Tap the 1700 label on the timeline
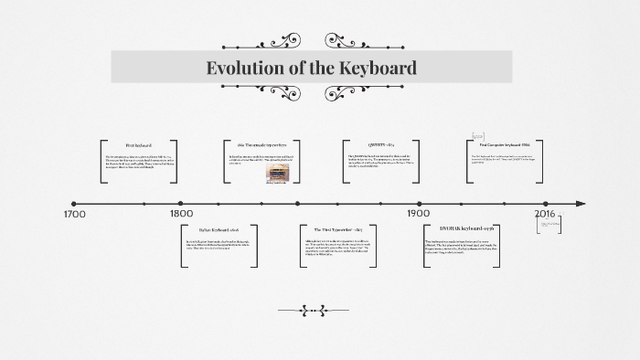(75, 216)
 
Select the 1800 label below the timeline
(181, 216)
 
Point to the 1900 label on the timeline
(419, 216)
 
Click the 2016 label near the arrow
(545, 216)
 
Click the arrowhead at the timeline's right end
(581, 204)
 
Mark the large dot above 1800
(181, 204)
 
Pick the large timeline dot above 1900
(419, 204)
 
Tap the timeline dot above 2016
(546, 204)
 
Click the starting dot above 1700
(74, 204)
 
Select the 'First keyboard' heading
(139, 145)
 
